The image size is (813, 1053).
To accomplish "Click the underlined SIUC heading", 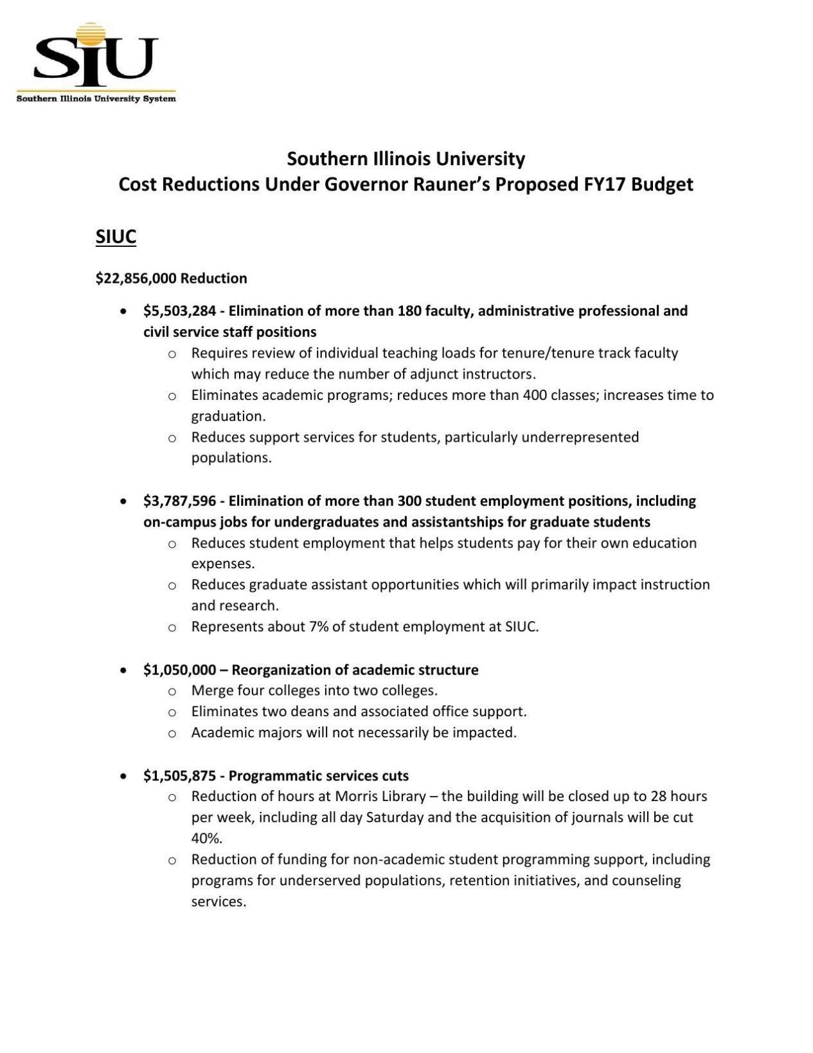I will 116,237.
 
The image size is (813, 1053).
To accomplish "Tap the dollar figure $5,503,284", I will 179,311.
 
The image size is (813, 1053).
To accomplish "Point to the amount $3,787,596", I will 179,501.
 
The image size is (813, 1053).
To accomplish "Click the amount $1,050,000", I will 179,670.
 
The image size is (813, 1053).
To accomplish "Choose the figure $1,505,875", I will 179,776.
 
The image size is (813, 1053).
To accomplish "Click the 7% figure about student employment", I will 319,627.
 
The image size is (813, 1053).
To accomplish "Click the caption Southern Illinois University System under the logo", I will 96,99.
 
